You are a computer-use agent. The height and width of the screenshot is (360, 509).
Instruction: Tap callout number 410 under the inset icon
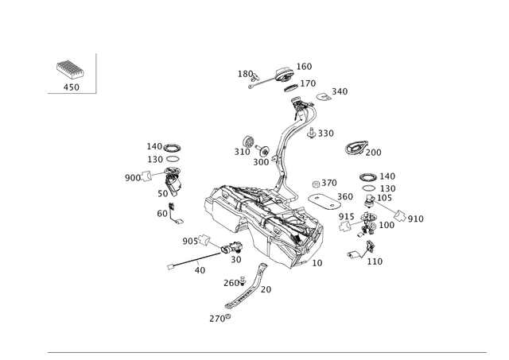71,85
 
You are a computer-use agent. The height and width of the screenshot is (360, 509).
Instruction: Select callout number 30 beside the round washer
188,240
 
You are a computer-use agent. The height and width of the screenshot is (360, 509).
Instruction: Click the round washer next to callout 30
204,238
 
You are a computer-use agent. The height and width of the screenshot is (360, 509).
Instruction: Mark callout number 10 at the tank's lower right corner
319,261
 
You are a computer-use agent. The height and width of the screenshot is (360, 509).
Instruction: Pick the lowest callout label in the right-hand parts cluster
377,259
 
